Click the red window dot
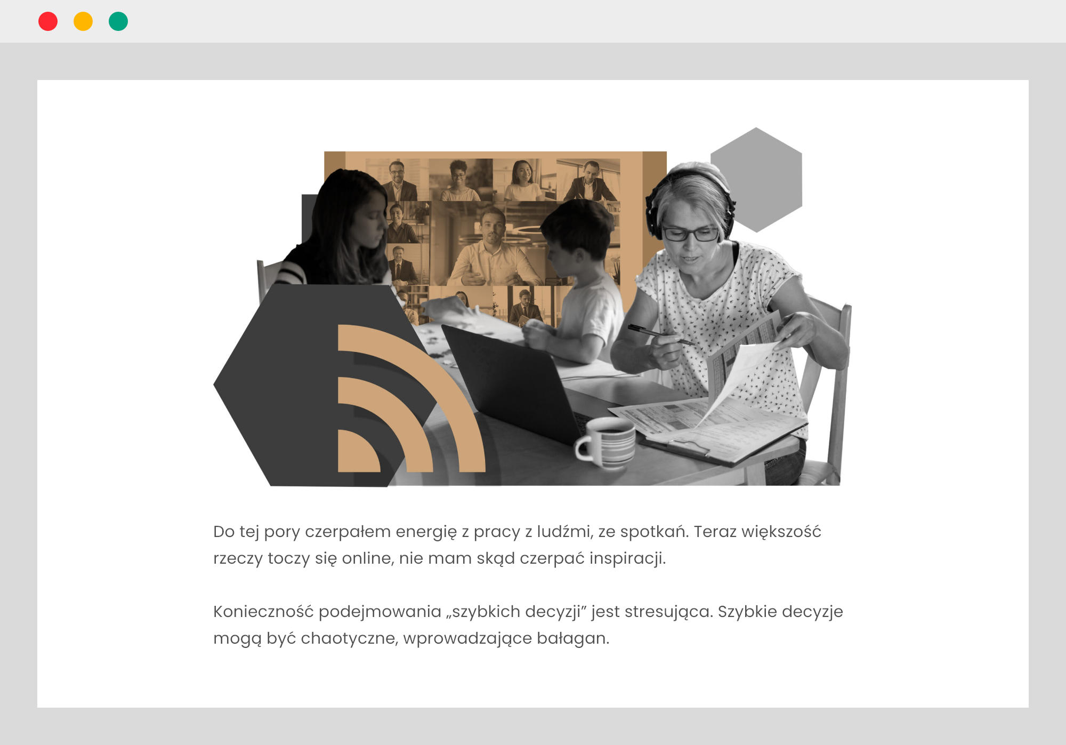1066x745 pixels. point(48,21)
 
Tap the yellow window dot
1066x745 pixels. point(83,21)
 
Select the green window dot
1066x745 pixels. point(118,21)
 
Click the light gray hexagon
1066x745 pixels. point(756,180)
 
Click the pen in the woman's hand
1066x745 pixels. point(661,334)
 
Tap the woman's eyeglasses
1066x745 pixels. point(690,233)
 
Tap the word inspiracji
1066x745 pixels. point(627,558)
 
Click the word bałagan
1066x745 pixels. point(572,638)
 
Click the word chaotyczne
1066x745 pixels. point(350,638)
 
